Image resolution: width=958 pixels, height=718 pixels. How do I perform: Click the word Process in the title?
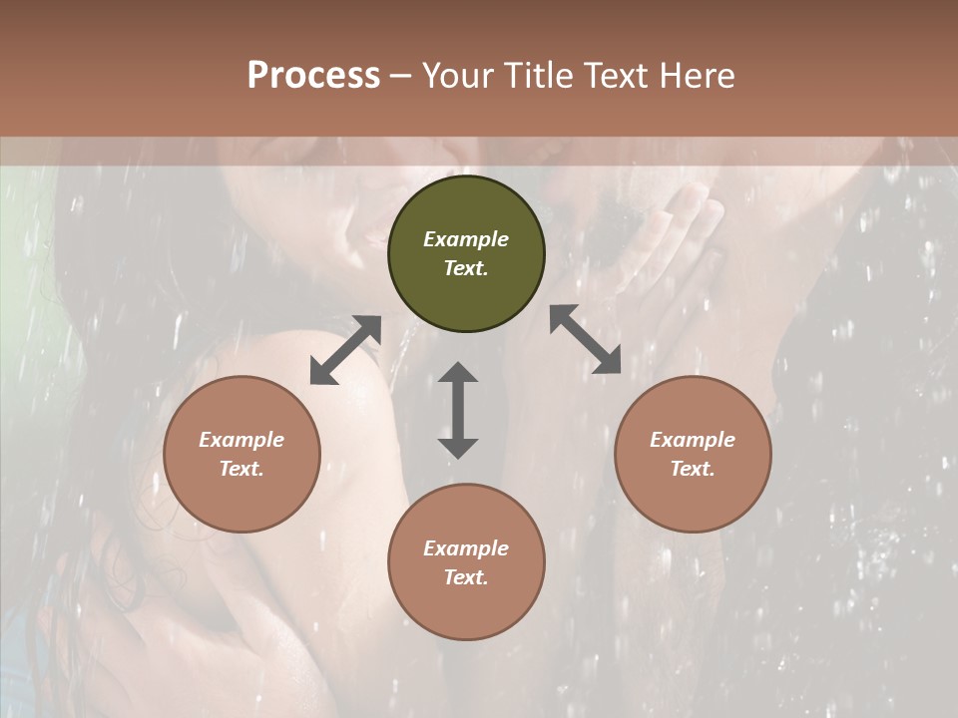click(x=313, y=76)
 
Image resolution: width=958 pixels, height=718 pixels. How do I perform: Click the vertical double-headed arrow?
click(x=458, y=410)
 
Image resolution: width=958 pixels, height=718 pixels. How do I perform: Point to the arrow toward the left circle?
click(x=345, y=350)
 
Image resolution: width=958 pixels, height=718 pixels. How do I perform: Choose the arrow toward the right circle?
click(x=586, y=339)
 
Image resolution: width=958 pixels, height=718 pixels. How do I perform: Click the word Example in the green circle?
click(x=466, y=239)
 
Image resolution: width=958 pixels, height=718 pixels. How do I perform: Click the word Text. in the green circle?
click(x=466, y=268)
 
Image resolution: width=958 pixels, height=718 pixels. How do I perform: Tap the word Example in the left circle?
click(x=241, y=440)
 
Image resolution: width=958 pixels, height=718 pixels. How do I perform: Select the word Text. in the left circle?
click(x=241, y=469)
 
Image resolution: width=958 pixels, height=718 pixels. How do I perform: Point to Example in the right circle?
click(x=693, y=440)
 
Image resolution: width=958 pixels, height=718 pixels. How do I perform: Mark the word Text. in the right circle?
click(x=693, y=469)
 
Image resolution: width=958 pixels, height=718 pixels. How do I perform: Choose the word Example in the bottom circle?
click(x=466, y=548)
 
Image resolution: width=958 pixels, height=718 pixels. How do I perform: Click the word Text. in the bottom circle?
click(x=466, y=577)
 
